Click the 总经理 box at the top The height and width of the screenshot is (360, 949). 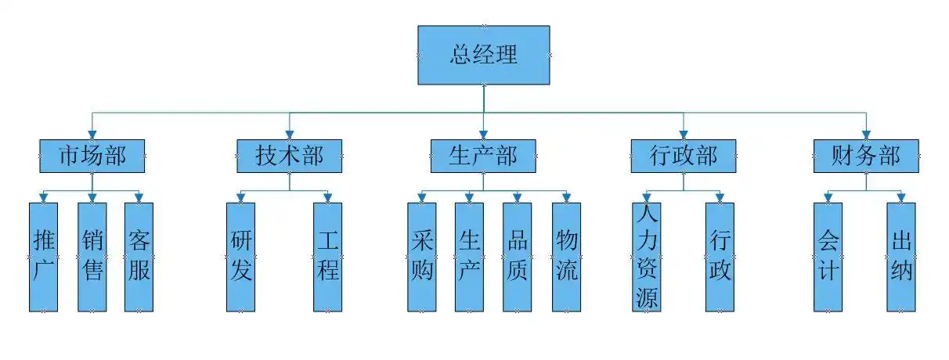pyautogui.click(x=483, y=55)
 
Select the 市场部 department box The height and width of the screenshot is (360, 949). pyautogui.click(x=92, y=156)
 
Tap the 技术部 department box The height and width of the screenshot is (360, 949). pyautogui.click(x=290, y=156)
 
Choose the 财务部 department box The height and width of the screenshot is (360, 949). pyautogui.click(x=866, y=156)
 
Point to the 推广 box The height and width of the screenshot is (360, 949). pyautogui.click(x=44, y=257)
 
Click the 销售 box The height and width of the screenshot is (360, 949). pyautogui.click(x=92, y=257)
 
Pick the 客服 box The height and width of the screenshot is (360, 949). pyautogui.click(x=139, y=257)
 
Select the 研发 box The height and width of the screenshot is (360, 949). pyautogui.click(x=241, y=257)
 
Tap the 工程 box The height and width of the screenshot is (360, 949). pyautogui.click(x=328, y=257)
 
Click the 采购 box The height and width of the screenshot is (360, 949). pyautogui.click(x=421, y=257)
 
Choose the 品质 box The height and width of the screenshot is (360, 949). pyautogui.click(x=518, y=257)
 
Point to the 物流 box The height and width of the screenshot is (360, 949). pyautogui.click(x=566, y=257)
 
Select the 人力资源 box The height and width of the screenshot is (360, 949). pyautogui.click(x=647, y=257)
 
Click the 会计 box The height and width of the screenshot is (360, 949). pyautogui.click(x=828, y=257)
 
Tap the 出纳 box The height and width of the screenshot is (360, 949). pyautogui.click(x=901, y=257)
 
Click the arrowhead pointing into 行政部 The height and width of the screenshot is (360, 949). pyautogui.click(x=684, y=134)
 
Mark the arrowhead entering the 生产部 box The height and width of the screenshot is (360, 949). pyautogui.click(x=483, y=134)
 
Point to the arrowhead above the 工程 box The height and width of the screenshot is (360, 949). pyautogui.click(x=328, y=197)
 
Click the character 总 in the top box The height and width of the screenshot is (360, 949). pyautogui.click(x=460, y=55)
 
